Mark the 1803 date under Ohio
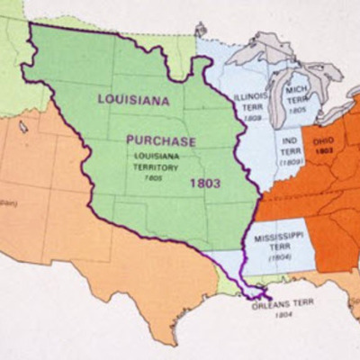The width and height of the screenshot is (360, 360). (325, 151)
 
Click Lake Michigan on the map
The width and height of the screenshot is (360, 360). (276, 91)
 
